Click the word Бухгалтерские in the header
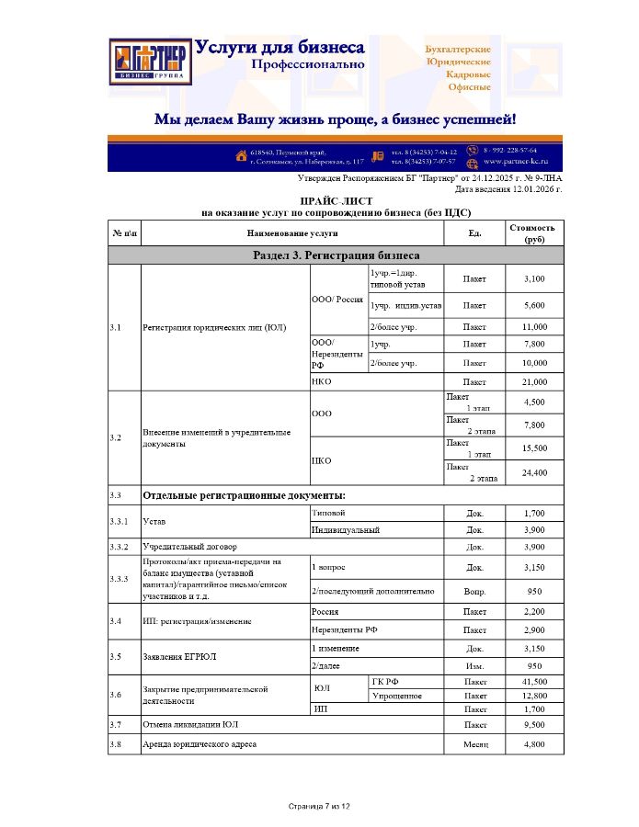pos(458,49)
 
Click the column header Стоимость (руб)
pos(533,232)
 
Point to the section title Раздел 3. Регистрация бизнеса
pos(336,255)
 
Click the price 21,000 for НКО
pos(534,381)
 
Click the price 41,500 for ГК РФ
pos(534,682)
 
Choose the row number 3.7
pos(116,724)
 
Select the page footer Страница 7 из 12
pos(319,806)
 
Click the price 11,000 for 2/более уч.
pos(534,327)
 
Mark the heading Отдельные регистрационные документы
pos(243,495)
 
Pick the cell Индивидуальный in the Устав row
pos(346,529)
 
